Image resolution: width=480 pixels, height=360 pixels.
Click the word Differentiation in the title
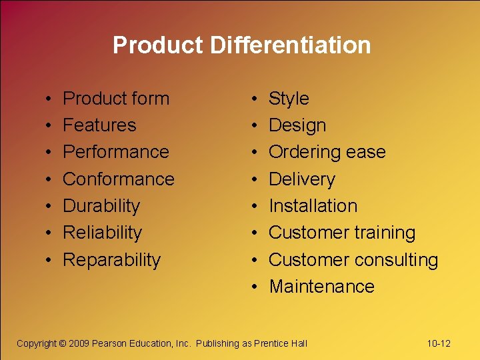pos(290,45)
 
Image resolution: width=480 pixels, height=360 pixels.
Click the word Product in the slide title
pos(158,45)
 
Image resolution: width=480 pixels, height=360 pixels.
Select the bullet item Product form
pos(116,99)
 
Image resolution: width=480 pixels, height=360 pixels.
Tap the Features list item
pos(99,125)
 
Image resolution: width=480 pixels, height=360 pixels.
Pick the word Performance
pos(116,152)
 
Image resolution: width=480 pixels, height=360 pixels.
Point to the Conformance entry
pos(119,179)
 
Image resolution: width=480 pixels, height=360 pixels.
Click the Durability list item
pos(101,206)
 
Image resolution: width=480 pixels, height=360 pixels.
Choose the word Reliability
pos(102,233)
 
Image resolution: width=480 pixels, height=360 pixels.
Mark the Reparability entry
pos(112,259)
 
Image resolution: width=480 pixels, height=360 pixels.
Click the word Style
pos(289,99)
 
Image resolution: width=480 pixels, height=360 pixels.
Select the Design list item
pos(297,125)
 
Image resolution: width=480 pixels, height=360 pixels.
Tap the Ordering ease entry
pos(327,152)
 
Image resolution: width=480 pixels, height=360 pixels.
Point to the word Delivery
pos(302,179)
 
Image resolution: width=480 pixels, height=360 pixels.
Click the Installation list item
pos(313,206)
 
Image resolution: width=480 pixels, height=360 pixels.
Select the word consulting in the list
pos(398,259)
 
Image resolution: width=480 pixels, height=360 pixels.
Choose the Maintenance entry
pos(321,287)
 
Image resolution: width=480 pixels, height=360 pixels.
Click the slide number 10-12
pos(439,343)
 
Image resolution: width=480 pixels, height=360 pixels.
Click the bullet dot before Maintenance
pos(257,287)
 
